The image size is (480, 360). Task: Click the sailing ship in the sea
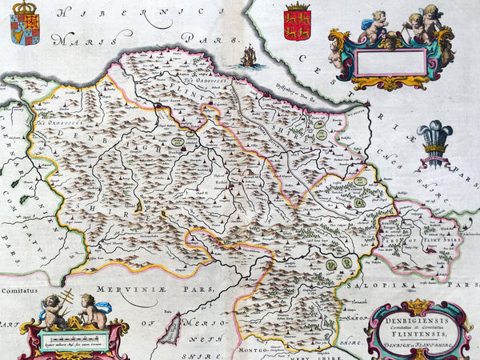point(249,56)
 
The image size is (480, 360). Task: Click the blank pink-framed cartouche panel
point(390,62)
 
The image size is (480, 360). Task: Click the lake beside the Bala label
point(171,328)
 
